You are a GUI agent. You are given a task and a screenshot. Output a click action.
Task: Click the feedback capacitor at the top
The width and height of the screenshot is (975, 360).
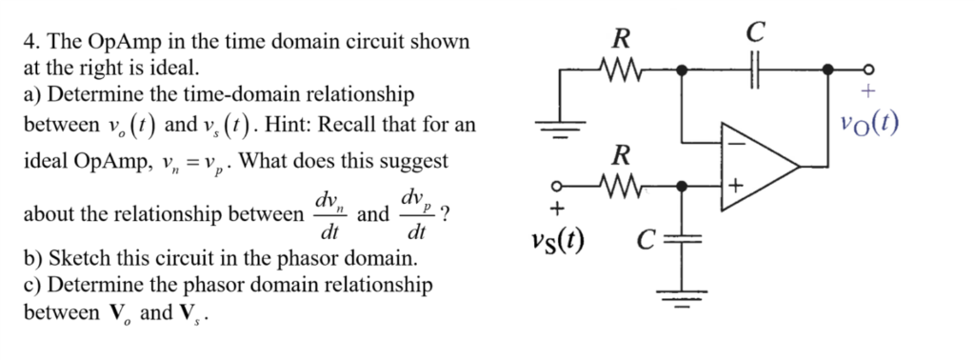(x=755, y=70)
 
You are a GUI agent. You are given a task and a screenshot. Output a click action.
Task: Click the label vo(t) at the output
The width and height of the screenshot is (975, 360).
(x=870, y=125)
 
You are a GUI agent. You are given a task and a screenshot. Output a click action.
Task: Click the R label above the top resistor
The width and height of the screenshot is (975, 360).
(x=621, y=40)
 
